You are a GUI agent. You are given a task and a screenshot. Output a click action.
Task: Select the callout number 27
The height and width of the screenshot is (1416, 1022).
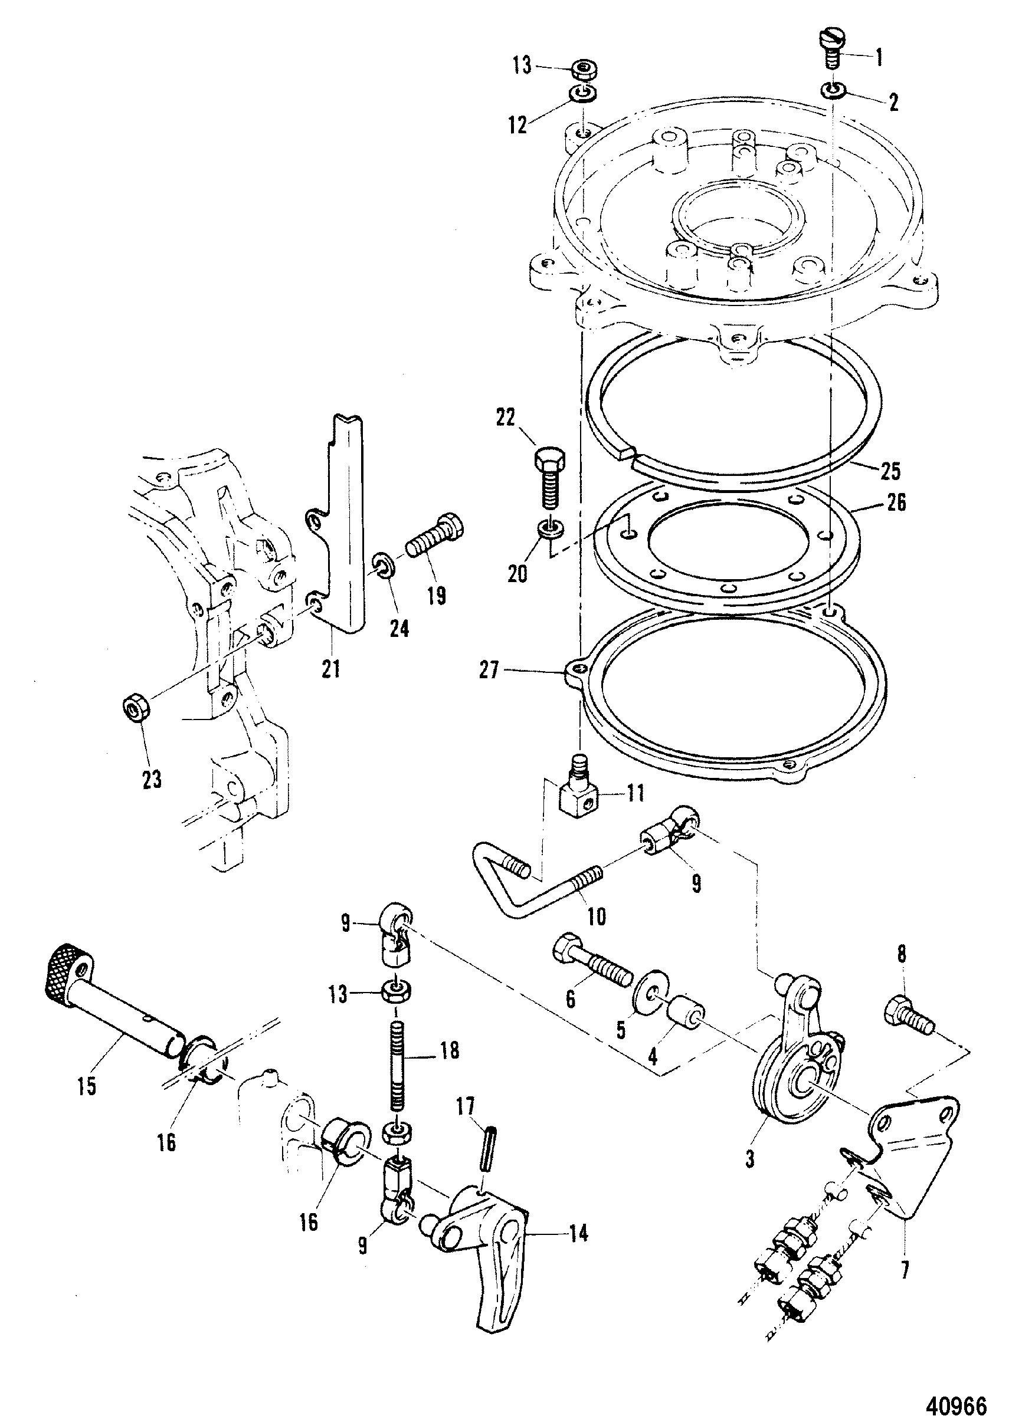[x=489, y=671]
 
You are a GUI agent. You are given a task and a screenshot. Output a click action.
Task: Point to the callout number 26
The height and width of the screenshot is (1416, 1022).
[x=896, y=502]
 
